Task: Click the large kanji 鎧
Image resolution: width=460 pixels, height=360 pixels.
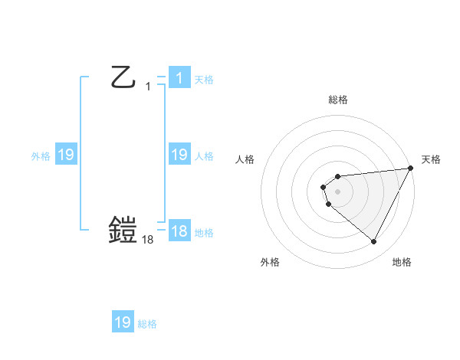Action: click(123, 230)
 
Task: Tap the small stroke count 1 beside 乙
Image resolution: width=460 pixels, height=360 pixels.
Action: click(148, 87)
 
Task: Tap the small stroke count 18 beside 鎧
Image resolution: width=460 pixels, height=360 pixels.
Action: click(148, 240)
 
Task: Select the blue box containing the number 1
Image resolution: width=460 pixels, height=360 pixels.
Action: click(179, 78)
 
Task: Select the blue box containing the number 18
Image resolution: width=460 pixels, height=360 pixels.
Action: click(179, 231)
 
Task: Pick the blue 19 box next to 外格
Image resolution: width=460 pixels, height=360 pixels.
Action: click(65, 155)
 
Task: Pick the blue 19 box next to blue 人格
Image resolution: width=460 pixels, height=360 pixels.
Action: click(179, 155)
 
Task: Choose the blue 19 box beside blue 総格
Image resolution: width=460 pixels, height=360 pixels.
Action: click(123, 322)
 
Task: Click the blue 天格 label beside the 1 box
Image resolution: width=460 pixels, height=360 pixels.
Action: click(204, 79)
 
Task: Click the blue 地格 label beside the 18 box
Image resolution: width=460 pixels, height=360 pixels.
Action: click(204, 232)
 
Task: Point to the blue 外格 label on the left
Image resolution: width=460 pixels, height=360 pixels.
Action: click(41, 155)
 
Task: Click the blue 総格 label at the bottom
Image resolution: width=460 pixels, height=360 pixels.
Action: click(147, 323)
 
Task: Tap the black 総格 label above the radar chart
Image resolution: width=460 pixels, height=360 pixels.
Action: click(337, 100)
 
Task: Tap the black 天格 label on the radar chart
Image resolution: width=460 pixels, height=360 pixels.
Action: click(431, 159)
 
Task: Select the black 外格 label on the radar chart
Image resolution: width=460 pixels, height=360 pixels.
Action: click(270, 262)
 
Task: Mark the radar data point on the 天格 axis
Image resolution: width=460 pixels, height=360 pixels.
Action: click(410, 168)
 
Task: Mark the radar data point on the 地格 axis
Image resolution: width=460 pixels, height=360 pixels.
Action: click(374, 242)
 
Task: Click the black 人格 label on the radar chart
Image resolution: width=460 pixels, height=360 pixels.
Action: click(245, 159)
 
